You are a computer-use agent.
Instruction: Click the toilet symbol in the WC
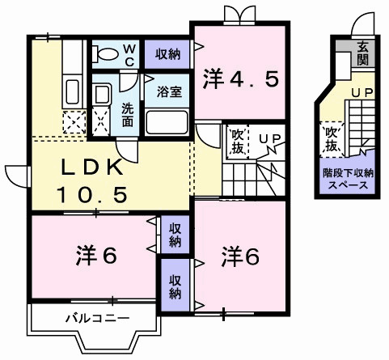[106, 54]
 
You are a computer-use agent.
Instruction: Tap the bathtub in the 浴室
[167, 122]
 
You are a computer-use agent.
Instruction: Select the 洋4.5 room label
[240, 78]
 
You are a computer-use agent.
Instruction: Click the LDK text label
[92, 167]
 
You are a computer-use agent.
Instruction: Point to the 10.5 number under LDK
[92, 195]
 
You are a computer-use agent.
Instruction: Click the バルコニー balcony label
[98, 319]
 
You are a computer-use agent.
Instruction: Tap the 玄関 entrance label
[363, 54]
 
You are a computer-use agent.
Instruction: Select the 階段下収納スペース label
[348, 179]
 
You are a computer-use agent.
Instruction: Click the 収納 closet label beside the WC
[167, 54]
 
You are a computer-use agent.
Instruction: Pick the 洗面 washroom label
[128, 115]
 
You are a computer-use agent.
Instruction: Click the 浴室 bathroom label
[170, 92]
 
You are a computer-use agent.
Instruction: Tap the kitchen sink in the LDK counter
[72, 91]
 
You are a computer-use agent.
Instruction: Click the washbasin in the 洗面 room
[101, 94]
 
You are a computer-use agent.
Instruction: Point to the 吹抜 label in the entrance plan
[332, 140]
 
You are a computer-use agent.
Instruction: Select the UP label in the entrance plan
[362, 93]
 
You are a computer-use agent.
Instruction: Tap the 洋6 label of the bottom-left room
[96, 255]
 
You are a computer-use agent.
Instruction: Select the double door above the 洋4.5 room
[239, 15]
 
